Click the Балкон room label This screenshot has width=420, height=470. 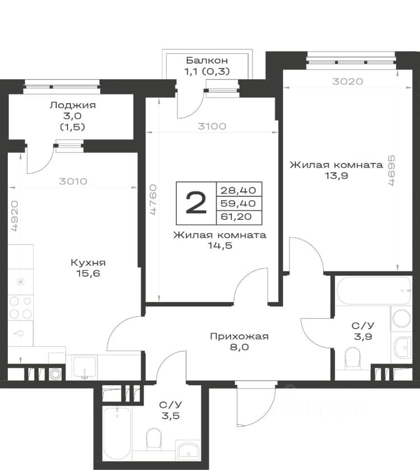pos(207,61)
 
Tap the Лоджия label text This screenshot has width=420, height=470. pos(73,105)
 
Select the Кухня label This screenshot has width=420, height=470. pos(88,263)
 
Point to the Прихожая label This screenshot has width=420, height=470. pos(239,337)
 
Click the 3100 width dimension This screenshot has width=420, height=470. pos(212,127)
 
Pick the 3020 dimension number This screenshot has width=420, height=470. pos(348,81)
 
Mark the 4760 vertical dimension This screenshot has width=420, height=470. pos(153,199)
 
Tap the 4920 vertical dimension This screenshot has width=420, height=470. pos(15,216)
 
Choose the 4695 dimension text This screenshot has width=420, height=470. pos(391,171)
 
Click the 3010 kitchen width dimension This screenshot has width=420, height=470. pos(73,181)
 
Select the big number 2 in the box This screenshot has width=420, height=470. pos(197,203)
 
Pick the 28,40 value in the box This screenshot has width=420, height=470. pos(239,190)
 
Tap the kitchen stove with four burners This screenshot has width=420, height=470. pos(21,307)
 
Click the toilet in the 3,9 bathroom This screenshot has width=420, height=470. pos(352,357)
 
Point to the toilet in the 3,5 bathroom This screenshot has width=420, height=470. pos(154,439)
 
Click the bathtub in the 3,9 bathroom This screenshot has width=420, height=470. pos(374,291)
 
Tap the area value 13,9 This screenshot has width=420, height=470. pos(337,176)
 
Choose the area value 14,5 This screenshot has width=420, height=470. pos(220,246)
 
